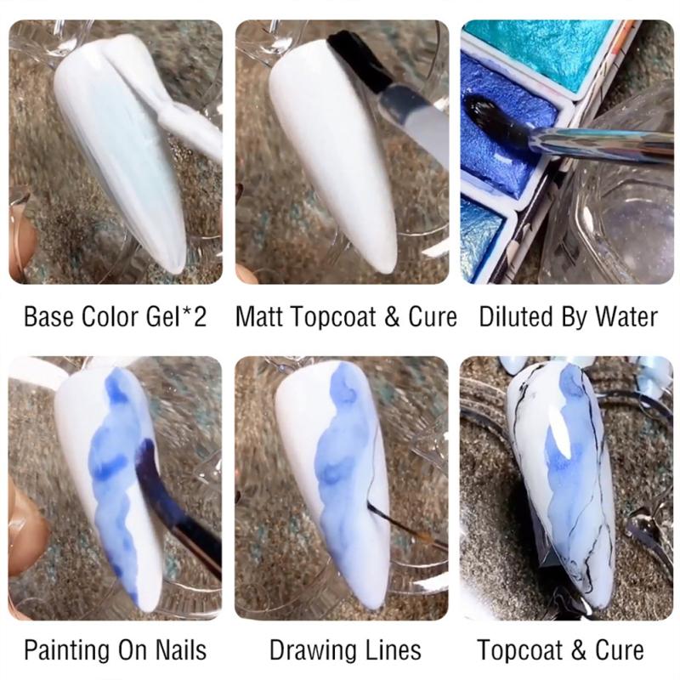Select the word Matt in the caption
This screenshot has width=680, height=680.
tap(258, 317)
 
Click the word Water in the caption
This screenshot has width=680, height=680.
tap(626, 317)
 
